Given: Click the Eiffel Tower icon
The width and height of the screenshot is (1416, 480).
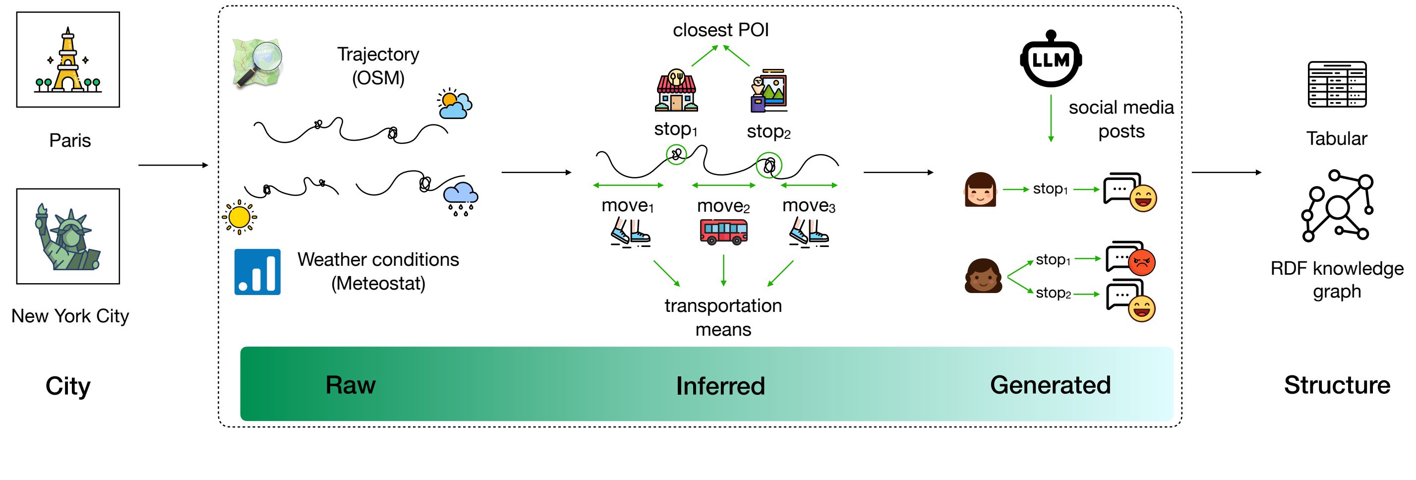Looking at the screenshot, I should [67, 60].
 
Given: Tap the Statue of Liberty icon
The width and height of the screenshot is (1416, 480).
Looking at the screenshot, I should [67, 237].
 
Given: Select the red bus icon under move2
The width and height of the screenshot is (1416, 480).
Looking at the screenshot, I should [723, 231].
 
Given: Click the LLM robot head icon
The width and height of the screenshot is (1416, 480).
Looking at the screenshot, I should [1051, 60].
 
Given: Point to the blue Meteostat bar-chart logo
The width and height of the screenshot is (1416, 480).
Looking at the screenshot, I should [257, 272].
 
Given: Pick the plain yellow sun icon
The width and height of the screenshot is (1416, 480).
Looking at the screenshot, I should [239, 217].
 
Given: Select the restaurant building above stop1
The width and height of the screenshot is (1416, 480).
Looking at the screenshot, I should [676, 91].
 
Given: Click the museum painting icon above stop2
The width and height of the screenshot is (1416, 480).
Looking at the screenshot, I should [769, 91].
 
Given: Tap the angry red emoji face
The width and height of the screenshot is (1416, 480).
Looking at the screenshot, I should [1142, 262].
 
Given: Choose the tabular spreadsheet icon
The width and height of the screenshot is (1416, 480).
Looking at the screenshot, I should [1336, 84].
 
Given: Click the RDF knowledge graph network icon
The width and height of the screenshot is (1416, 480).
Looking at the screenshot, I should [1336, 206].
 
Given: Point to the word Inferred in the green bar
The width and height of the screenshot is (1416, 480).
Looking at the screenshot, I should [720, 385].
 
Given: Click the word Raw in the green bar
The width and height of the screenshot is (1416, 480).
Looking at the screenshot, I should [350, 384].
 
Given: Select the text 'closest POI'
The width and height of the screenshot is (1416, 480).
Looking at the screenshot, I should [721, 30].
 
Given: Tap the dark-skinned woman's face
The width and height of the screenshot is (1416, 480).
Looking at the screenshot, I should [983, 276].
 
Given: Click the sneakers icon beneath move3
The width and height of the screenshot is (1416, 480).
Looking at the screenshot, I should [809, 233].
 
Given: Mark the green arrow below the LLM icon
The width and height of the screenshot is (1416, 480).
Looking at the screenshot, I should [1051, 118].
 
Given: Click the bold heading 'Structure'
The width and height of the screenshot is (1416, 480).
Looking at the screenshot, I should [1337, 385].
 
